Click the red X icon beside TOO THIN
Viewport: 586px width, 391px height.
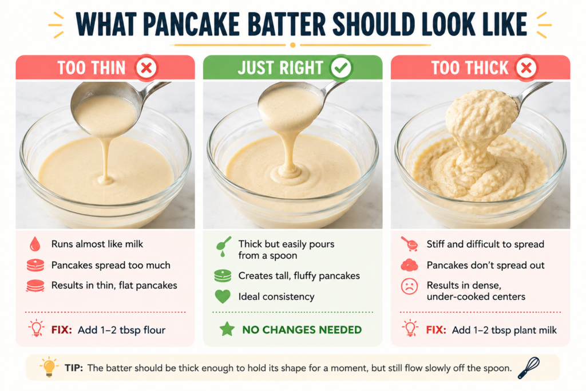(x=146, y=68)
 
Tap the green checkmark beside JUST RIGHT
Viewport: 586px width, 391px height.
(x=341, y=68)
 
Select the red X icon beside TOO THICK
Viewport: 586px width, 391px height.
(x=526, y=68)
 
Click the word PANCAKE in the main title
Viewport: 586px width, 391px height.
(x=191, y=24)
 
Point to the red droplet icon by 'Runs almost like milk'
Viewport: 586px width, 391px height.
(x=35, y=244)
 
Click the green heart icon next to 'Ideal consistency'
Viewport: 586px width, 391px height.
(x=223, y=297)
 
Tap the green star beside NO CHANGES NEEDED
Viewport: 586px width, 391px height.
(x=227, y=329)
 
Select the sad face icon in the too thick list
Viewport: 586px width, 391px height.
(x=409, y=286)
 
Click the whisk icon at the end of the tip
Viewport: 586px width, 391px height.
(x=529, y=368)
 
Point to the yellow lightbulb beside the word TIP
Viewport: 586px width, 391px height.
(x=49, y=367)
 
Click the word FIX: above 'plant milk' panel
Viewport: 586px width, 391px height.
(x=435, y=330)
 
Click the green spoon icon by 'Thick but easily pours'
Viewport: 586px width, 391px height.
(x=224, y=246)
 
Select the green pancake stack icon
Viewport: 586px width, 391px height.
(x=223, y=276)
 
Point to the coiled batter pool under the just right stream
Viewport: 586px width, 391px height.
(x=288, y=173)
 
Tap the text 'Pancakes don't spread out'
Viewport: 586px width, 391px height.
(x=485, y=266)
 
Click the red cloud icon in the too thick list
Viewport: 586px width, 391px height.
(x=409, y=265)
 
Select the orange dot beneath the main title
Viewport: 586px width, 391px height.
(x=293, y=45)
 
